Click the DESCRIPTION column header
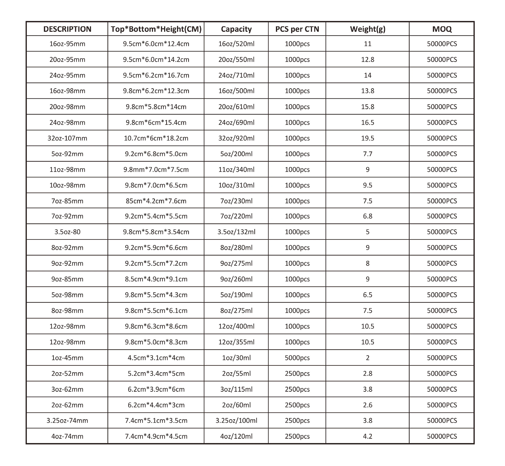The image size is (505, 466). tap(67, 29)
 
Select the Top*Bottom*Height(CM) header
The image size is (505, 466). tap(156, 29)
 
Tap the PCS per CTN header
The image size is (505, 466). tap(297, 29)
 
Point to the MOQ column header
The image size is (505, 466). tap(442, 29)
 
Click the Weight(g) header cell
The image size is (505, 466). tap(367, 29)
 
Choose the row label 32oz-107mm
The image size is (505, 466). tap(67, 138)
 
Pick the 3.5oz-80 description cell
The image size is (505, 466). tap(67, 232)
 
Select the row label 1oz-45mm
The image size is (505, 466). tap(67, 358)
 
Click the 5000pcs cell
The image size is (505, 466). tap(297, 358)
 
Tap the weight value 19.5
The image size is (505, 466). tap(367, 138)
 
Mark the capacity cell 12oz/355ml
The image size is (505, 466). tap(236, 342)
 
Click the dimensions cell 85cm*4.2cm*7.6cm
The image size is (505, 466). tap(156, 201)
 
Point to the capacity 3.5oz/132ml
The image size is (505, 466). tap(236, 232)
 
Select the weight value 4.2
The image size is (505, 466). tap(367, 436)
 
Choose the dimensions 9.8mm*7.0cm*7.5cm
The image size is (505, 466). tap(156, 169)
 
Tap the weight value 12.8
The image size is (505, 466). tap(367, 59)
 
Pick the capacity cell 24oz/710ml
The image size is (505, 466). tap(236, 75)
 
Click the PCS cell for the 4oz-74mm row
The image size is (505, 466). tap(297, 436)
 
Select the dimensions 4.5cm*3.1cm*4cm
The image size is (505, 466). tap(156, 358)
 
